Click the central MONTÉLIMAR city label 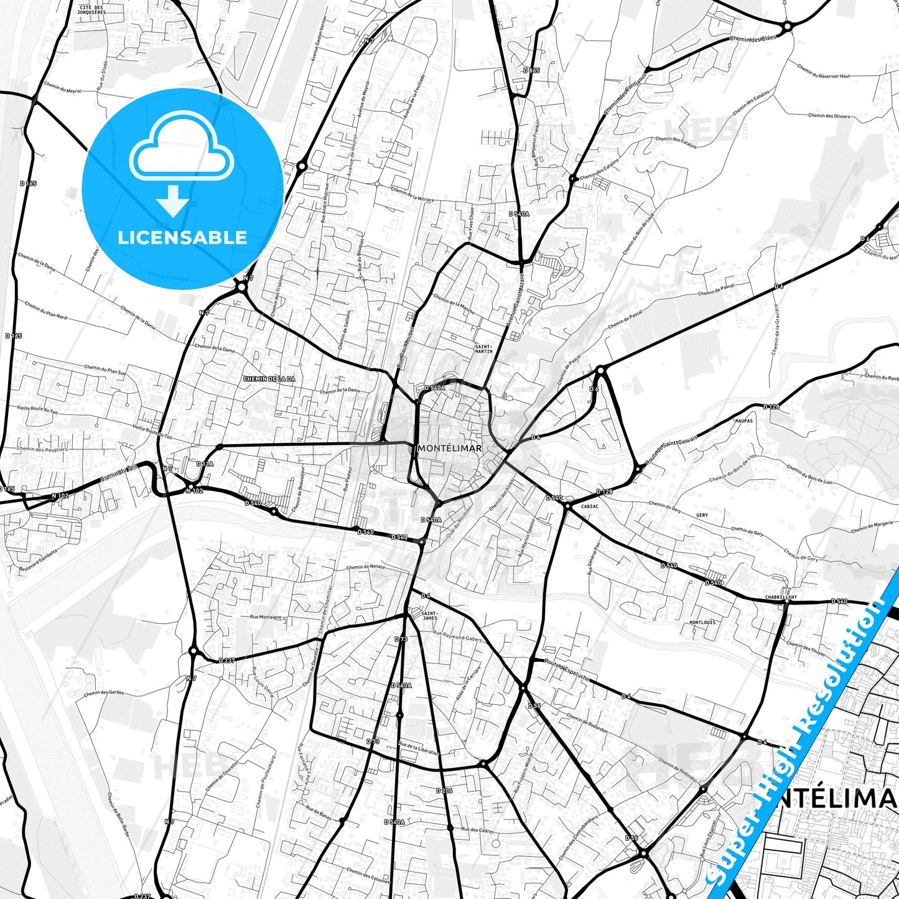tap(450, 448)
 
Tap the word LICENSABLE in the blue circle tap(182, 237)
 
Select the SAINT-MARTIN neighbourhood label tap(483, 348)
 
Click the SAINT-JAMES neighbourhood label tap(429, 615)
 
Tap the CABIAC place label tap(589, 506)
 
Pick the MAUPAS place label tap(743, 421)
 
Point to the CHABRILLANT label tap(781, 597)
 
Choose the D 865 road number tap(531, 70)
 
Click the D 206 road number tap(444, 790)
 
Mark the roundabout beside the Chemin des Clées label tap(787, 26)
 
